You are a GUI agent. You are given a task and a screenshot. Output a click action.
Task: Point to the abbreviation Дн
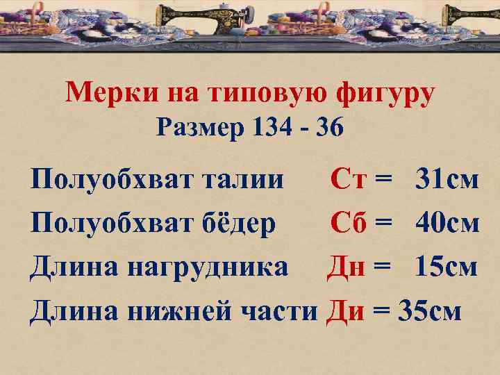346,267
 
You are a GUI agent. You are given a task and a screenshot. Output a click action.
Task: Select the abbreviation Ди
346,310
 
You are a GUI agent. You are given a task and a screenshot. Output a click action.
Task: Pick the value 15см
447,267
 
